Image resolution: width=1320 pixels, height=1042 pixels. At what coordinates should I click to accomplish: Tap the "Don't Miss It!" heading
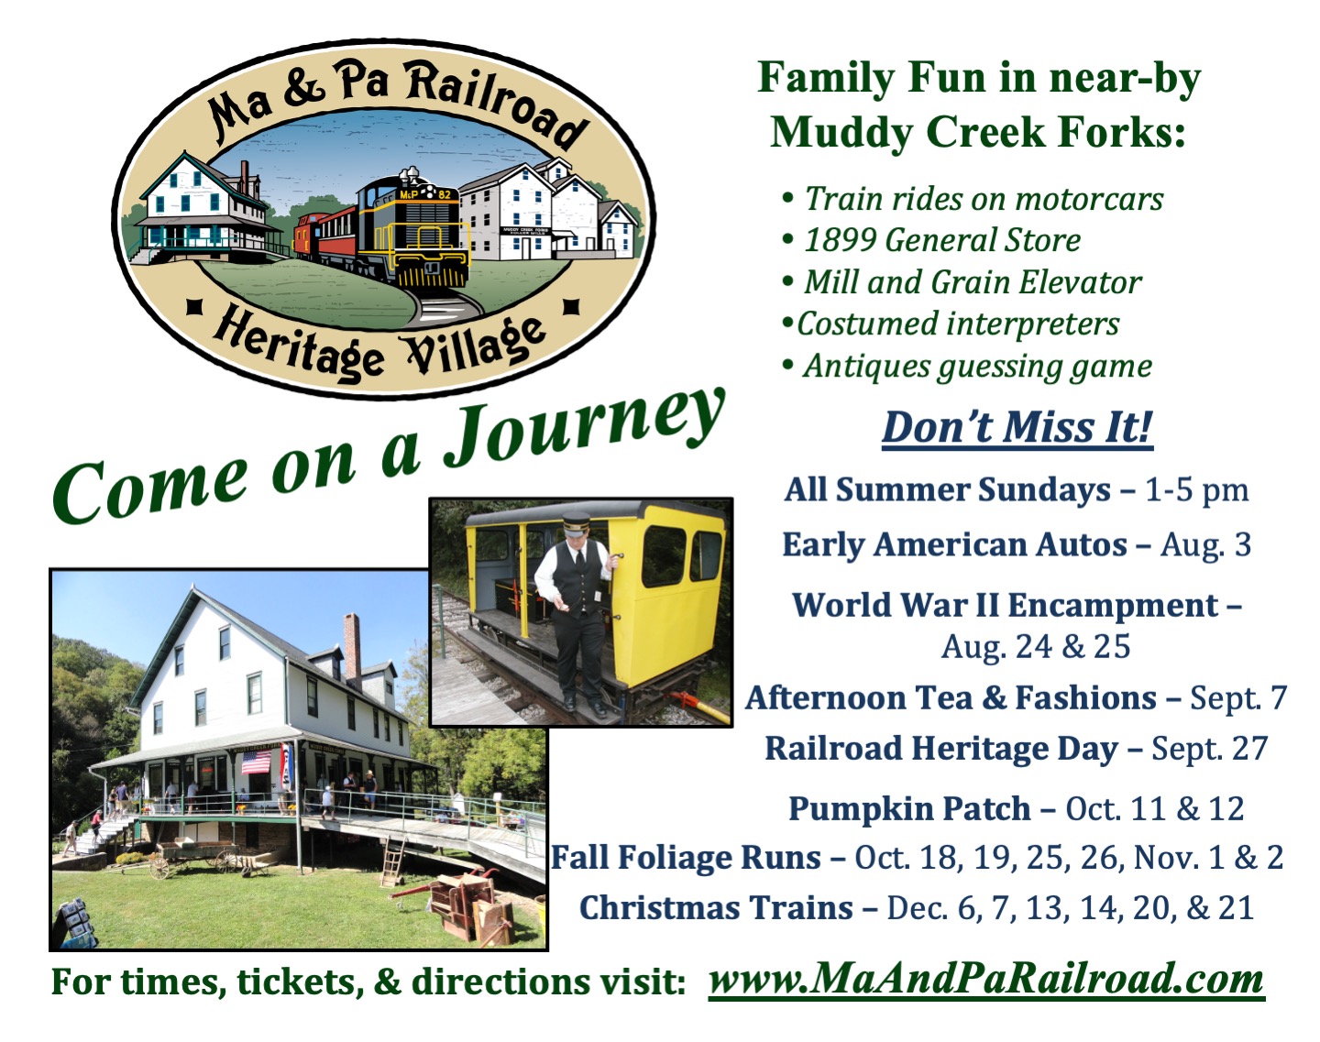(1017, 427)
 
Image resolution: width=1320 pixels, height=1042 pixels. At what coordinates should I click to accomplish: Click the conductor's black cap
(576, 524)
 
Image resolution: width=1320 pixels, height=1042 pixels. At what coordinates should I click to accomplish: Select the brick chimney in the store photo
(352, 649)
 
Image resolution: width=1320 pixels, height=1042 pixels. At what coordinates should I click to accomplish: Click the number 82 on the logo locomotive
(445, 195)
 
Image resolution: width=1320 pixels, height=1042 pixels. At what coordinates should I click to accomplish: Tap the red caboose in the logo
(311, 234)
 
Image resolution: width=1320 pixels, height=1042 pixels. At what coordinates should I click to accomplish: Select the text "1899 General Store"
(942, 240)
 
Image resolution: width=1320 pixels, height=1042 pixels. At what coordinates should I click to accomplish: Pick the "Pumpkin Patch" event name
(909, 809)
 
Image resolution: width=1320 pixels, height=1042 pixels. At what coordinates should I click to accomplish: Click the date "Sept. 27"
(1210, 748)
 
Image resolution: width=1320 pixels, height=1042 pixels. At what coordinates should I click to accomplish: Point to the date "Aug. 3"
(1205, 544)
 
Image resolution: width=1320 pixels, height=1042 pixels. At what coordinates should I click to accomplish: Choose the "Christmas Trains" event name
(717, 907)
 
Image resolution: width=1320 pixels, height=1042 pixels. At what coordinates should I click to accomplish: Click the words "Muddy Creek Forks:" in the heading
(978, 133)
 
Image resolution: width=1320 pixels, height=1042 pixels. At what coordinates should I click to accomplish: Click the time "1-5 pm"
(1197, 490)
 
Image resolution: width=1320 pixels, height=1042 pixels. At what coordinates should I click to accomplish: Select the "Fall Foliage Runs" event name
(686, 858)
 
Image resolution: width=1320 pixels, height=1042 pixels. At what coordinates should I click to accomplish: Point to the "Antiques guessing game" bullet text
(978, 367)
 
